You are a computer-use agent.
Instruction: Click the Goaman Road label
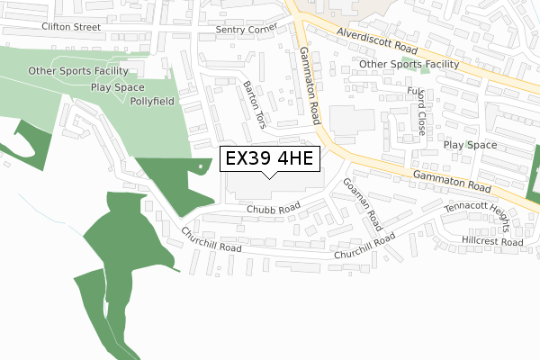(364, 203)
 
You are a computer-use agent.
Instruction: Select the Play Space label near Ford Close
(470, 145)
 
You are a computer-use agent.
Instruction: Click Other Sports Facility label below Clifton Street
(78, 70)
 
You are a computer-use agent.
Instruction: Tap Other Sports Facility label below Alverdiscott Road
(409, 64)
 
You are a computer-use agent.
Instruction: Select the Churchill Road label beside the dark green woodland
(211, 239)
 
